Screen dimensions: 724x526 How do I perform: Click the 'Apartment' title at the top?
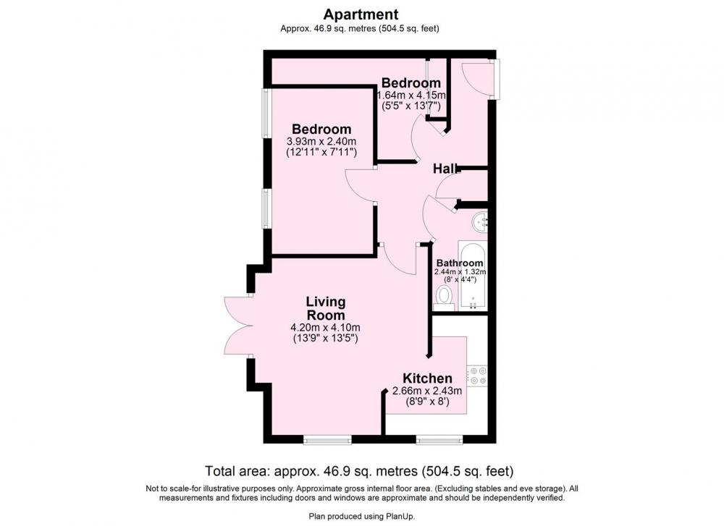(361, 14)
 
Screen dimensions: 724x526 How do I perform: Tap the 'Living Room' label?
(326, 308)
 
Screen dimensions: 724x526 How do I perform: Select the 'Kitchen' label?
(427, 378)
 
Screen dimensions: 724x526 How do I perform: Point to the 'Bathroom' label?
(460, 263)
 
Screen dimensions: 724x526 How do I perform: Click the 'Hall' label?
(445, 169)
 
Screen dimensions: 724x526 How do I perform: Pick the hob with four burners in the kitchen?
(477, 376)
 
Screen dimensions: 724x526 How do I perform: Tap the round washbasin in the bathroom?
(480, 222)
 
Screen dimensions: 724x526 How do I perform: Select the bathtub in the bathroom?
(472, 275)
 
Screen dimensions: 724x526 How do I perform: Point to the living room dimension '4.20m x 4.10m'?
(325, 328)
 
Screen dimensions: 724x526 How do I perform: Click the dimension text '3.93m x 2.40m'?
(322, 141)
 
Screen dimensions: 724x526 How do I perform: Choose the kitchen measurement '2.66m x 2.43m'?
(427, 391)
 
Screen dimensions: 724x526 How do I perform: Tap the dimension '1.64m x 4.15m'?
(412, 96)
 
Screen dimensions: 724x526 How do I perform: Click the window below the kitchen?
(439, 440)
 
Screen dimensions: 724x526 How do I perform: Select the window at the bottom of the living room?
(328, 440)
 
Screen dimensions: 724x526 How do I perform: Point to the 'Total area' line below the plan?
(359, 471)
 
